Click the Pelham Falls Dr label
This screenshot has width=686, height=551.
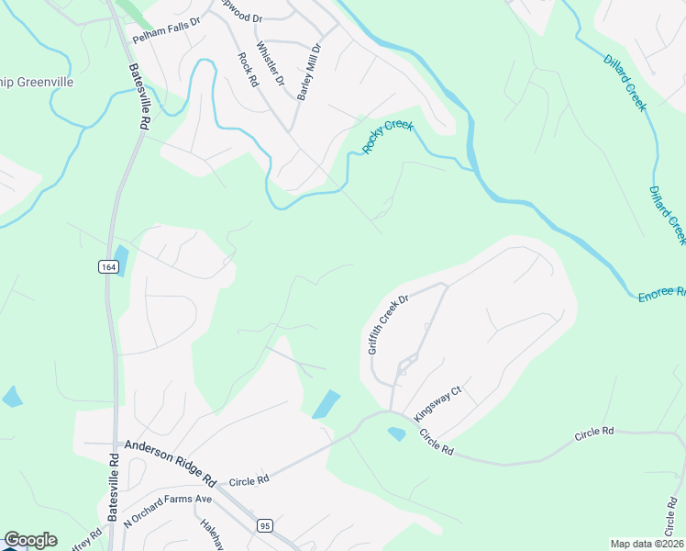coord(166,36)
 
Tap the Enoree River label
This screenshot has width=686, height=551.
coord(661,293)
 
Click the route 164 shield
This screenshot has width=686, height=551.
coord(107,266)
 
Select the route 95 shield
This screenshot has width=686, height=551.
coord(265,525)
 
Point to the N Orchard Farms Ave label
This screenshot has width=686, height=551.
coord(167,512)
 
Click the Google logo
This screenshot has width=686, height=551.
coord(30,540)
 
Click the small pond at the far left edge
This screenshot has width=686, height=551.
coord(12,397)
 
